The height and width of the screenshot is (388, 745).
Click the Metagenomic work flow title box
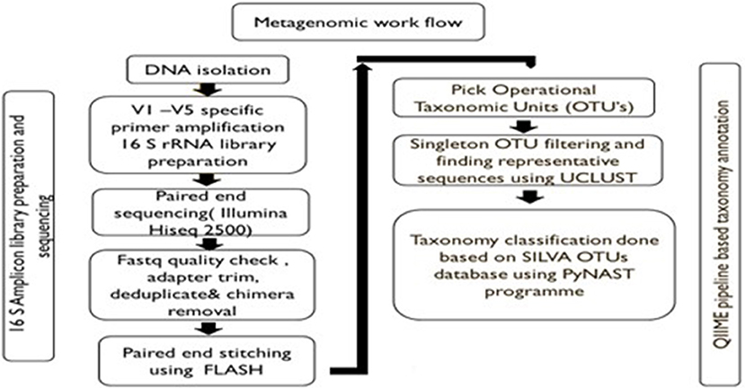click(x=359, y=22)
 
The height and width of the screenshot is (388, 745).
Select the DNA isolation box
click(x=208, y=69)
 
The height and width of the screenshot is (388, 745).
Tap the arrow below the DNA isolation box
click(x=208, y=89)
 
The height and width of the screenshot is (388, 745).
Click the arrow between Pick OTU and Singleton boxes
click(x=524, y=127)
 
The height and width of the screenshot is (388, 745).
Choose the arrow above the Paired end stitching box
click(x=208, y=329)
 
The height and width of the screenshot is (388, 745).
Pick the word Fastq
click(x=137, y=260)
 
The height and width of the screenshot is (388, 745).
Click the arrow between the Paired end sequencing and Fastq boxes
click(x=210, y=243)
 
